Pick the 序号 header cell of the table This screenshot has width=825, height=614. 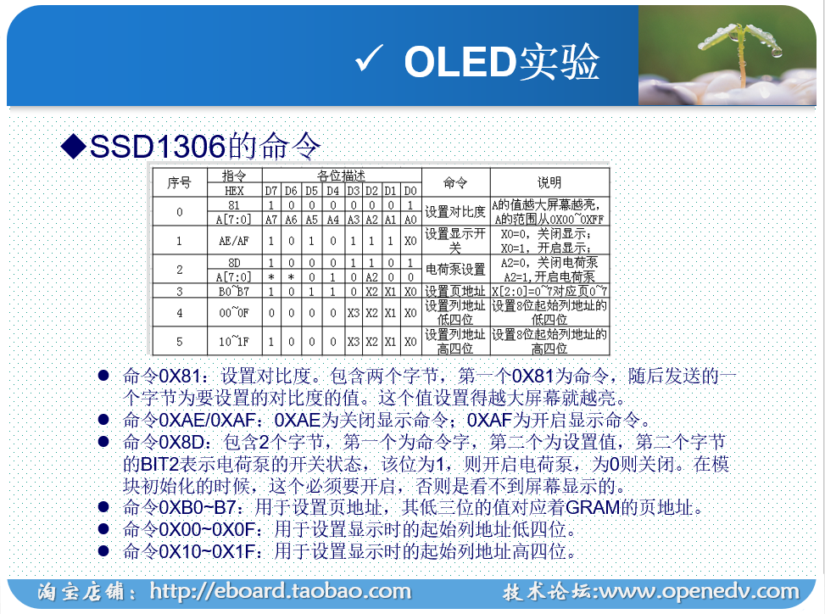[179, 182]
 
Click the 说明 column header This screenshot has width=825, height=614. [549, 182]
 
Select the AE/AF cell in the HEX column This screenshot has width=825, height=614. [234, 240]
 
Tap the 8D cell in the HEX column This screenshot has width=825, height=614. [234, 263]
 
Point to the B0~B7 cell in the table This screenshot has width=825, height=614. [234, 291]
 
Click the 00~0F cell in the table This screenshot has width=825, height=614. [234, 312]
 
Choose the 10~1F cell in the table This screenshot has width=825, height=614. [234, 341]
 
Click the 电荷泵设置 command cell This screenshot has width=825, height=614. [455, 270]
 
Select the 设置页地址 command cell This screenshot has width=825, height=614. [455, 291]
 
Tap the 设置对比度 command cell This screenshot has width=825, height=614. [455, 211]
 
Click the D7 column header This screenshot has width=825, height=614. [270, 190]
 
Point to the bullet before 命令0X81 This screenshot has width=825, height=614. [103, 375]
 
